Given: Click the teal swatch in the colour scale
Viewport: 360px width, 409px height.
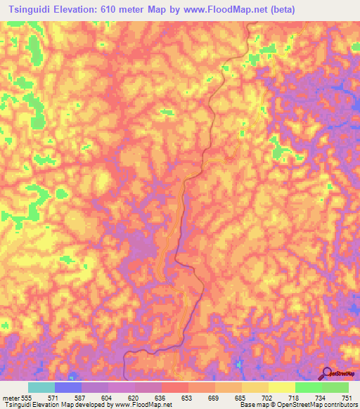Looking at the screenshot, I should pyautogui.click(x=41, y=387).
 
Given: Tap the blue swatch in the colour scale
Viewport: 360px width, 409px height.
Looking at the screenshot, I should pyautogui.click(x=68, y=387).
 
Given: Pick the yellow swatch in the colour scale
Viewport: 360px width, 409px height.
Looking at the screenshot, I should pyautogui.click(x=281, y=387).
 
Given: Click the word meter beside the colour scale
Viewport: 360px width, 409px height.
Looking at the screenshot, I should pyautogui.click(x=10, y=397).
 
